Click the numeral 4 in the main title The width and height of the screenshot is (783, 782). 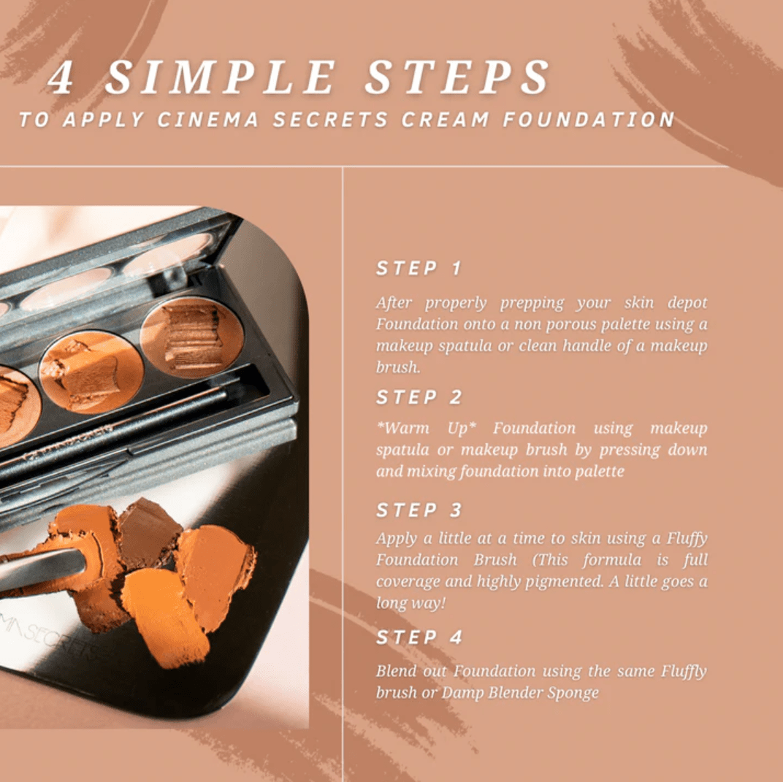coord(61,77)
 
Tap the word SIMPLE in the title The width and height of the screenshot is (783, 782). coord(221,77)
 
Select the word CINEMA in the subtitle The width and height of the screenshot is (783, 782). coord(207,120)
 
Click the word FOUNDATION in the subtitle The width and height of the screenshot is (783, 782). coord(589,120)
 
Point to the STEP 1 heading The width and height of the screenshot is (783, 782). coord(419,268)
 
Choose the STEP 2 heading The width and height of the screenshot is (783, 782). coord(419,397)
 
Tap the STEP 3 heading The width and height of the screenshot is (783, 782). coord(419,510)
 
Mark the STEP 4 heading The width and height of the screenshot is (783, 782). coord(419,637)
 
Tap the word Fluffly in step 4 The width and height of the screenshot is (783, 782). coord(684,671)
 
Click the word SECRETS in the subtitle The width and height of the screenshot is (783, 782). coord(330,120)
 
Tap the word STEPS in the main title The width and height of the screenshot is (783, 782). coord(457,77)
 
